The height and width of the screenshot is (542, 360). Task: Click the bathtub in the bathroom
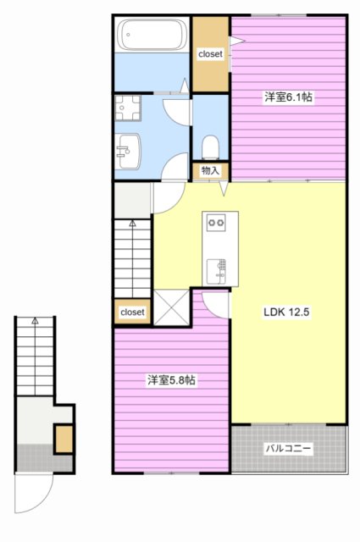(x=152, y=34)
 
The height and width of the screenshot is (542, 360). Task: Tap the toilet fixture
(x=210, y=147)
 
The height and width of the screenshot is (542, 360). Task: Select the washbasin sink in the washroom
(x=128, y=152)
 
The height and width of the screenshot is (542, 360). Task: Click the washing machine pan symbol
(x=128, y=108)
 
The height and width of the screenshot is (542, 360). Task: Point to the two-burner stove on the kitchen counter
(x=216, y=223)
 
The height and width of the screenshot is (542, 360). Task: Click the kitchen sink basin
(x=216, y=271)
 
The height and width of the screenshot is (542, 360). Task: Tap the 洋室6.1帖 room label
(x=288, y=97)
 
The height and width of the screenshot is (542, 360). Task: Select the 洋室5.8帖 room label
(x=171, y=380)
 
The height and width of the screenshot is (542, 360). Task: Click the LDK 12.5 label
(x=286, y=312)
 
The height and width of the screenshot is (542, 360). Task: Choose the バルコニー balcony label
(x=288, y=449)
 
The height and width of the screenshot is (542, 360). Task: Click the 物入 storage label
(x=210, y=170)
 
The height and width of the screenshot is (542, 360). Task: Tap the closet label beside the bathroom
(x=210, y=54)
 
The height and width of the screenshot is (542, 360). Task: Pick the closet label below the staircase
(x=132, y=312)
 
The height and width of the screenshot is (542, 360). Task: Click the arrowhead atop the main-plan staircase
(x=132, y=224)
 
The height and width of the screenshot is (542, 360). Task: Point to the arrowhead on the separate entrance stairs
(x=35, y=320)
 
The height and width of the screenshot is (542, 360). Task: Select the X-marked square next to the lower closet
(x=171, y=307)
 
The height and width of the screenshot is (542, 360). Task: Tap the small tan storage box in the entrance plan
(x=64, y=439)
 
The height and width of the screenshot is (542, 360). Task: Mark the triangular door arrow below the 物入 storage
(x=224, y=189)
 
